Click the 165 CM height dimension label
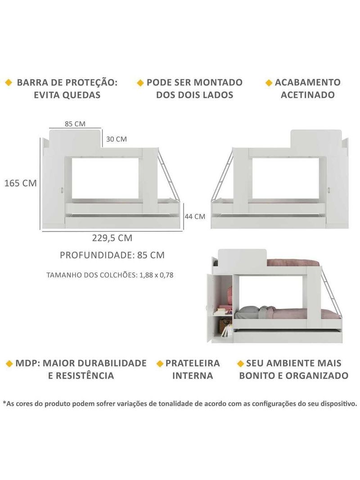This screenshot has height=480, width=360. coord(21,183)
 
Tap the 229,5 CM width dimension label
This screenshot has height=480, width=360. coord(112,238)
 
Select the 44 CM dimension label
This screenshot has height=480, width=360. coord(195,217)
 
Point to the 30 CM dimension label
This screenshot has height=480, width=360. coord(116,139)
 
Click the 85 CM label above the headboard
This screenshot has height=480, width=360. coord(75,124)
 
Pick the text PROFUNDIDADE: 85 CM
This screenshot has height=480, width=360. coord(112,255)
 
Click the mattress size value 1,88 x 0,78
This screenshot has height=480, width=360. coord(156,275)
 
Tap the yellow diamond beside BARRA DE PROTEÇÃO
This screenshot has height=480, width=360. coord(9,82)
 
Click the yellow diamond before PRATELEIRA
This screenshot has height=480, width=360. coord(160,363)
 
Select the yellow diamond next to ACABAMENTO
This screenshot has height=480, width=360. coord(269,83)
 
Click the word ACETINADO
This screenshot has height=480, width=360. coord(307,95)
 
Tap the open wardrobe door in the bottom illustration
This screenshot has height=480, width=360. coord(210,308)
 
